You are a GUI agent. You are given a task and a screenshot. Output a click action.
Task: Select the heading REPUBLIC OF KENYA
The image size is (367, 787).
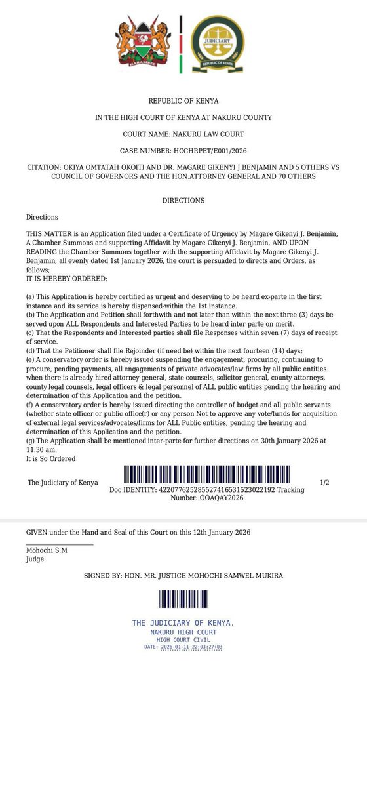(183, 101)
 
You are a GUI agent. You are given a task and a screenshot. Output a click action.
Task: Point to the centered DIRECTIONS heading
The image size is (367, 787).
(183, 200)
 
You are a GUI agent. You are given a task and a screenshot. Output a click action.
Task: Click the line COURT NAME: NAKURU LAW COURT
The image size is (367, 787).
(183, 134)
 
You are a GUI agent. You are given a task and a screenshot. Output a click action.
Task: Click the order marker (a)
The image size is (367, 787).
(30, 297)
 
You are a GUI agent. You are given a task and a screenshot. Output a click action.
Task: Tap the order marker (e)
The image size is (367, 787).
(30, 360)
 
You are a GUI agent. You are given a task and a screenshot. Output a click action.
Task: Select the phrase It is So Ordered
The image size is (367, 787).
(51, 458)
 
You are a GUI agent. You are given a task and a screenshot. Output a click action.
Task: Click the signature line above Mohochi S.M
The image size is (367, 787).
(60, 544)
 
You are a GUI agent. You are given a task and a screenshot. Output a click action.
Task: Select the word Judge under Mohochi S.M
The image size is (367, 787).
(35, 559)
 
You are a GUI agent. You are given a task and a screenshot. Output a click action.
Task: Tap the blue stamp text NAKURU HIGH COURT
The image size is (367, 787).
(183, 632)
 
